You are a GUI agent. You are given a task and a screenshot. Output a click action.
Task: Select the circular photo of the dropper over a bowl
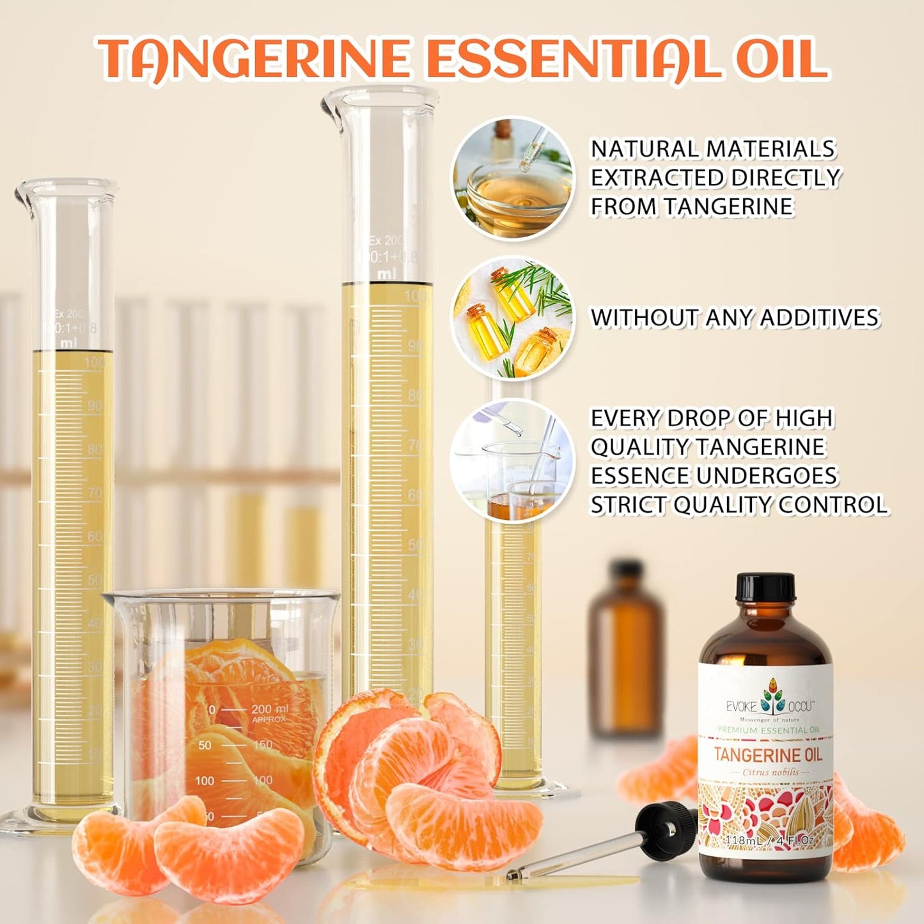pos(513,178)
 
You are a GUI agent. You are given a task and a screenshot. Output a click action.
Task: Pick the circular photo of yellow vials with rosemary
pos(513,318)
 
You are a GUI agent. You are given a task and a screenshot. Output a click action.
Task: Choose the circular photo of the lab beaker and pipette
pos(513,460)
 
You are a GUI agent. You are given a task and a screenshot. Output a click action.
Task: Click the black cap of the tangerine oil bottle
pos(765,587)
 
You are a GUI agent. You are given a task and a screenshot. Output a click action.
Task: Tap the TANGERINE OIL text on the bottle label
pos(767,755)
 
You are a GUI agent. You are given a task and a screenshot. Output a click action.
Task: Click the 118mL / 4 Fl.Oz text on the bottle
pos(768,840)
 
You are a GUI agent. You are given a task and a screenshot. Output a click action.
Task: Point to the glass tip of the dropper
pos(518,874)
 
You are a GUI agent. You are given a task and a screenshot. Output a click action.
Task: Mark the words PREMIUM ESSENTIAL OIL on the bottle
pos(768,730)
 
